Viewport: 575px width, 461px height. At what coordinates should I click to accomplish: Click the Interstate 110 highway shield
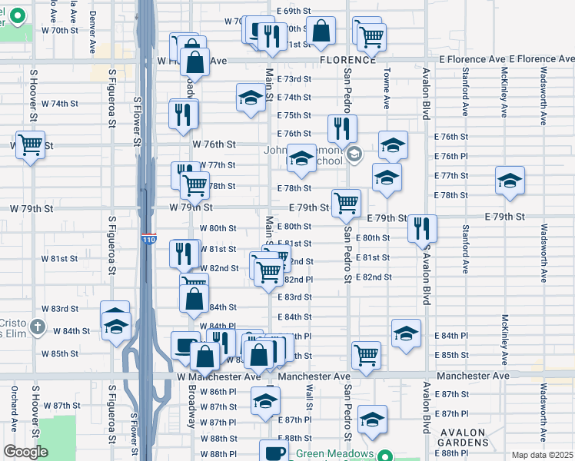tap(149, 240)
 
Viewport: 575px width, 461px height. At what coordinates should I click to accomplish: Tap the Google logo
tap(25, 452)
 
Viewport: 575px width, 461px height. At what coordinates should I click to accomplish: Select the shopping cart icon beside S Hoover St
tap(29, 144)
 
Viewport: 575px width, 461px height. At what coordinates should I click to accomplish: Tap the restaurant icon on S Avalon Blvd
tap(422, 228)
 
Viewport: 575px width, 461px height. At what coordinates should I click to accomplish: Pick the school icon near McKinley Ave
tap(510, 181)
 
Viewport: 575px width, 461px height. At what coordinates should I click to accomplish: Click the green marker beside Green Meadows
tap(388, 453)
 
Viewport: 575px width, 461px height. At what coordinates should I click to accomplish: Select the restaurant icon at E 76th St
tap(342, 128)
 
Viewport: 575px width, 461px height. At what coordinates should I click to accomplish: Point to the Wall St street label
tap(309, 399)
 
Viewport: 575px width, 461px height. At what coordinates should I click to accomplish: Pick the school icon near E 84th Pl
tap(406, 333)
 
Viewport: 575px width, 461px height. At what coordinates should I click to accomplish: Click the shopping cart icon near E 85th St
tap(366, 355)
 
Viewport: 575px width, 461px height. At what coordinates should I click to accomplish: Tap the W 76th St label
tap(214, 144)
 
